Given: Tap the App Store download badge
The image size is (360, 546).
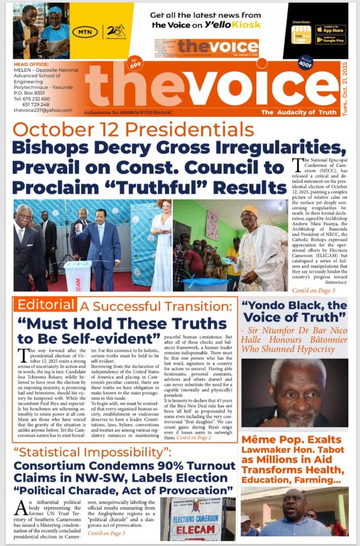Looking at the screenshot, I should [x=330, y=29].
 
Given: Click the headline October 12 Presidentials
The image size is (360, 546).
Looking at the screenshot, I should [x=133, y=129].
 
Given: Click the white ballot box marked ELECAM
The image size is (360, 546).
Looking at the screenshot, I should [x=78, y=276].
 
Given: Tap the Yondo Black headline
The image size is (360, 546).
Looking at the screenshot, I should [x=294, y=311].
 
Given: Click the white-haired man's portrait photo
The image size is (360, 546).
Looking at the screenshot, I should [x=294, y=392].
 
